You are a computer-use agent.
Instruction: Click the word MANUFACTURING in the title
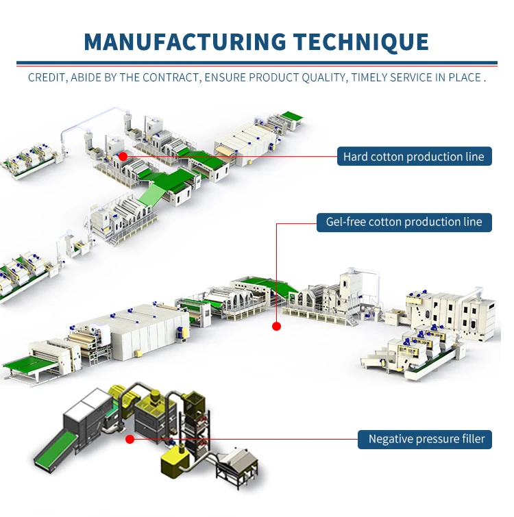pos(185,42)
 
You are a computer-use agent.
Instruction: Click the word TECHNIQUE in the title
pos(361,42)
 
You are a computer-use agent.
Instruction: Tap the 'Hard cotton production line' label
pos(415,156)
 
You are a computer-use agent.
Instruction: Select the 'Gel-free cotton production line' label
pos(404,223)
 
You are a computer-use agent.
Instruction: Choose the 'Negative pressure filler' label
pos(425,439)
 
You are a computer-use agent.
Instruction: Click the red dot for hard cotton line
pos(123,156)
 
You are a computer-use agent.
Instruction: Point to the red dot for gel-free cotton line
pos(276,327)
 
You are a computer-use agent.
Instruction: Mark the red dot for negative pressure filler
pos(130,439)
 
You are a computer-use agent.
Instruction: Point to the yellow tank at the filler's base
pos(175,460)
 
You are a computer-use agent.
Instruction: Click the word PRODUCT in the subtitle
pos(273,78)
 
